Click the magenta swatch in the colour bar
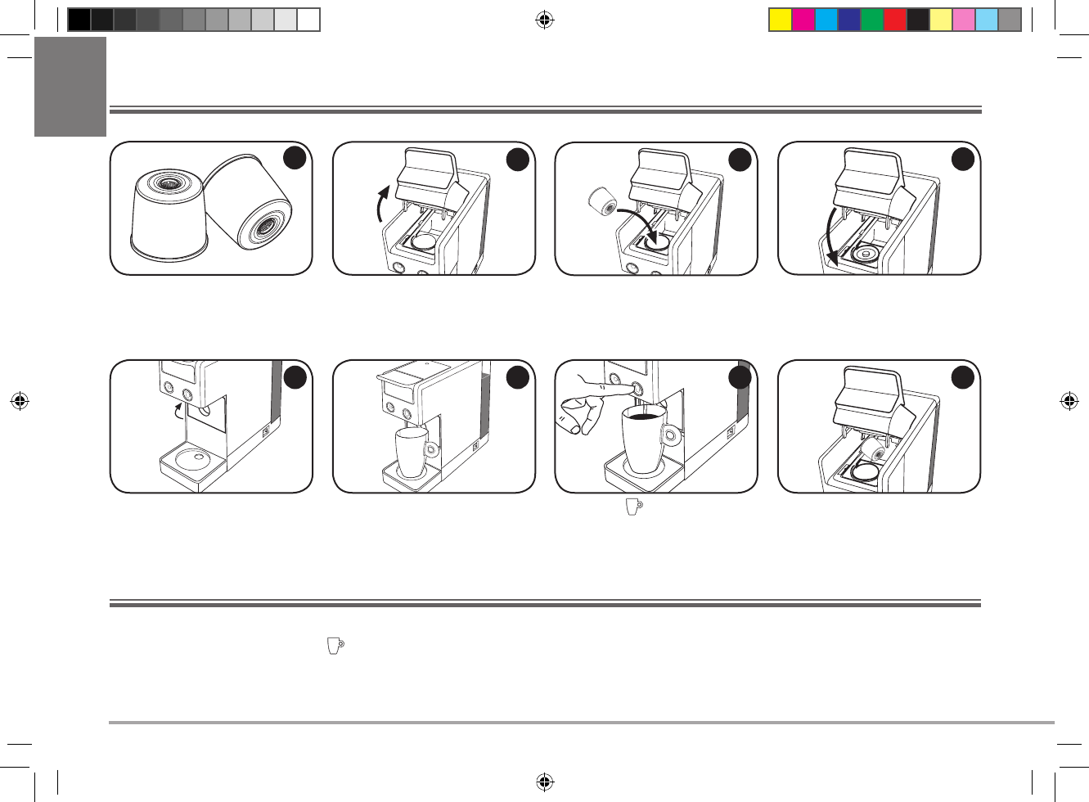pyautogui.click(x=803, y=20)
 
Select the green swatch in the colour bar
pyautogui.click(x=872, y=20)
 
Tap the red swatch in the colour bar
pyautogui.click(x=895, y=20)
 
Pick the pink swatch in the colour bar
pyautogui.click(x=964, y=20)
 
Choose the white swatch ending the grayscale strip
pyautogui.click(x=308, y=20)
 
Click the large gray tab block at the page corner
pyautogui.click(x=70, y=87)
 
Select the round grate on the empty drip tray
pyautogui.click(x=193, y=457)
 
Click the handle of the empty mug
pyautogui.click(x=431, y=448)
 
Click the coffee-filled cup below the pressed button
pyautogui.click(x=644, y=442)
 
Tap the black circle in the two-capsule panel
pyautogui.click(x=295, y=157)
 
